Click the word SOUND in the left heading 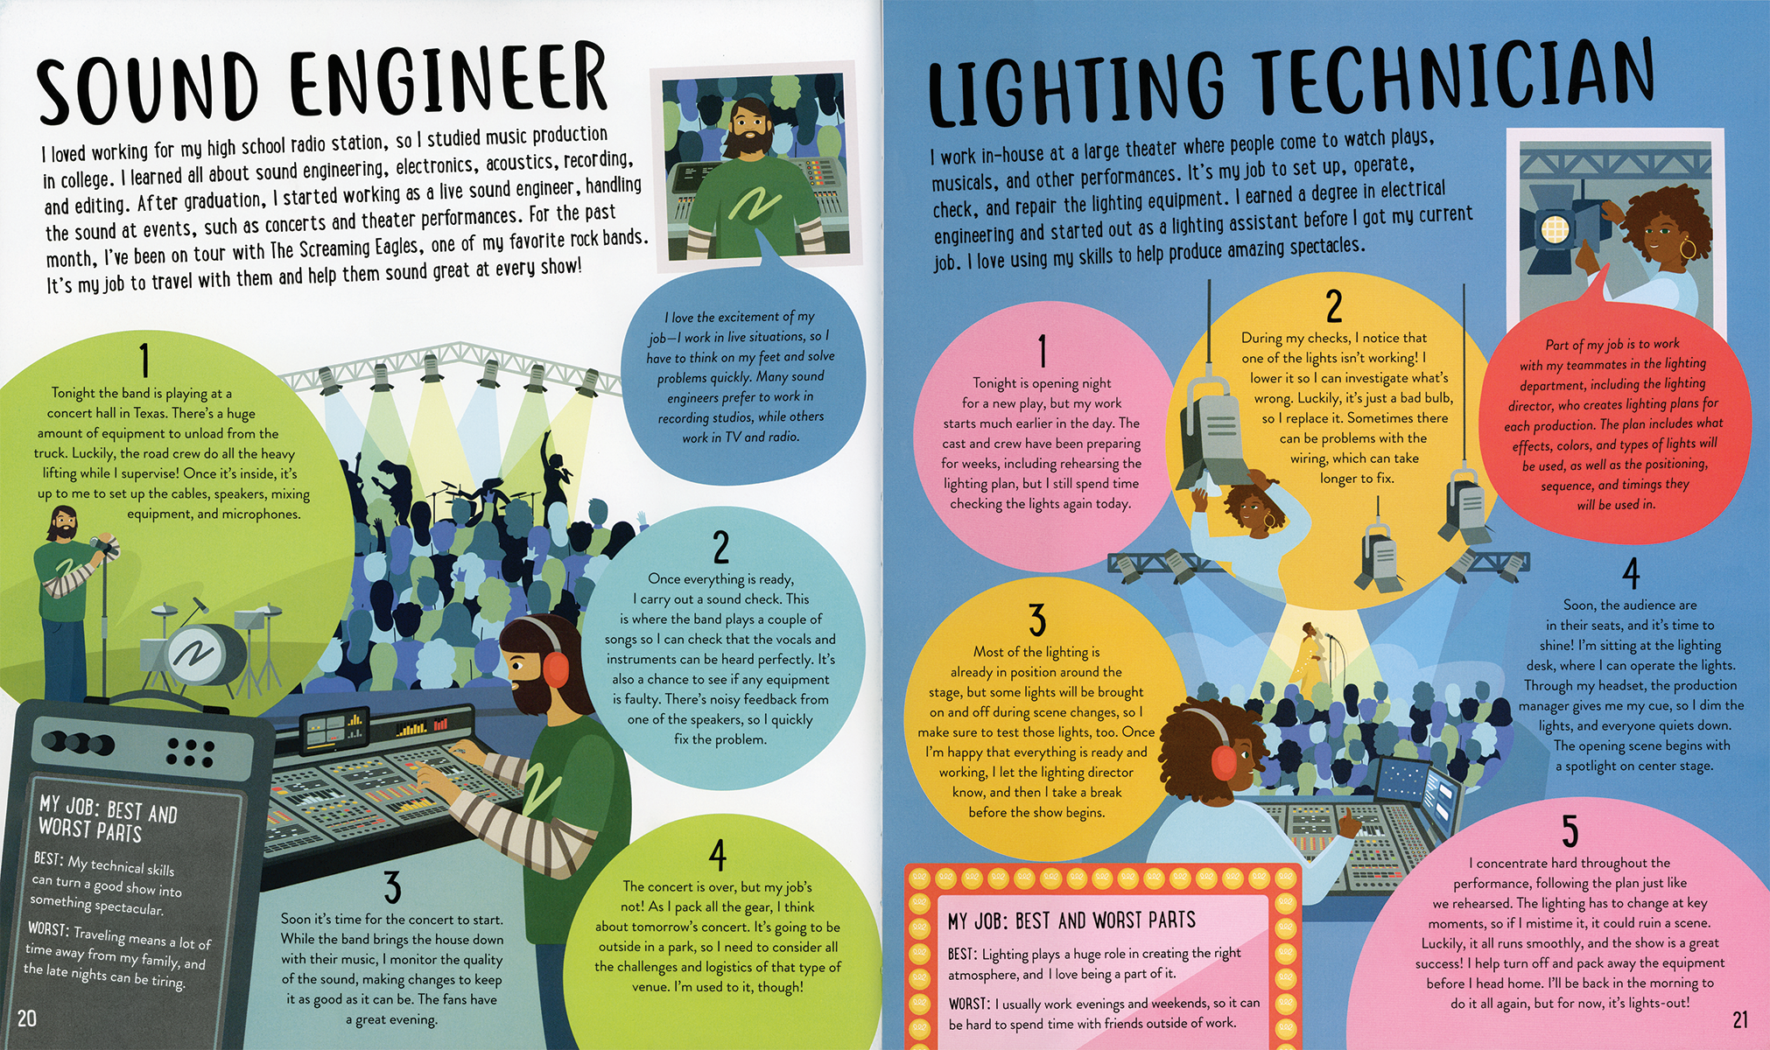point(148,86)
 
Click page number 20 point(27,1018)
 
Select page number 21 point(1740,1018)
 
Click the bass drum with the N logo point(206,654)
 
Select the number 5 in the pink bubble point(1570,830)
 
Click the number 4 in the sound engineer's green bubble point(718,855)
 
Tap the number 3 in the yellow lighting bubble point(1037,620)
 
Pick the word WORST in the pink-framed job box point(969,1004)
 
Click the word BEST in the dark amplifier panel point(48,858)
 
